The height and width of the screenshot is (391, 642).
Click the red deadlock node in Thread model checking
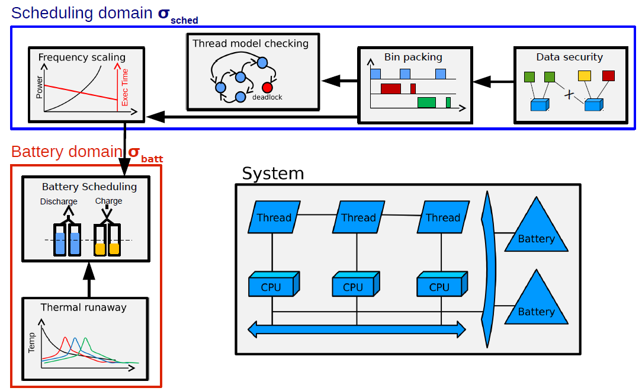pyautogui.click(x=267, y=88)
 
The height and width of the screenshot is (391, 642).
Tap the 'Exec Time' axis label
pyautogui.click(x=125, y=87)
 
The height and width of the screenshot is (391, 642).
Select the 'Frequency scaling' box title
pyautogui.click(x=82, y=57)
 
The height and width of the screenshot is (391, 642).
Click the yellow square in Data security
pyautogui.click(x=585, y=75)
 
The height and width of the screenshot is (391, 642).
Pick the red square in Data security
pyautogui.click(x=608, y=75)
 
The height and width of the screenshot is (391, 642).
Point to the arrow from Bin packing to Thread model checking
pyautogui.click(x=339, y=80)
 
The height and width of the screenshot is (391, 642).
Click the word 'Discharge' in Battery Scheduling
pyautogui.click(x=59, y=201)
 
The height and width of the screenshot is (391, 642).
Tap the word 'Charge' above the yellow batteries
pyautogui.click(x=109, y=201)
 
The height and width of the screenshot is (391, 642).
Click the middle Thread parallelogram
pyautogui.click(x=358, y=217)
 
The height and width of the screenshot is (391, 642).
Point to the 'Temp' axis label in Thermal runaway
pyautogui.click(x=32, y=342)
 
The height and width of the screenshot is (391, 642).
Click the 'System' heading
pyautogui.click(x=273, y=174)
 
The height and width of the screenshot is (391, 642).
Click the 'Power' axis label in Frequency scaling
pyautogui.click(x=39, y=88)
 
